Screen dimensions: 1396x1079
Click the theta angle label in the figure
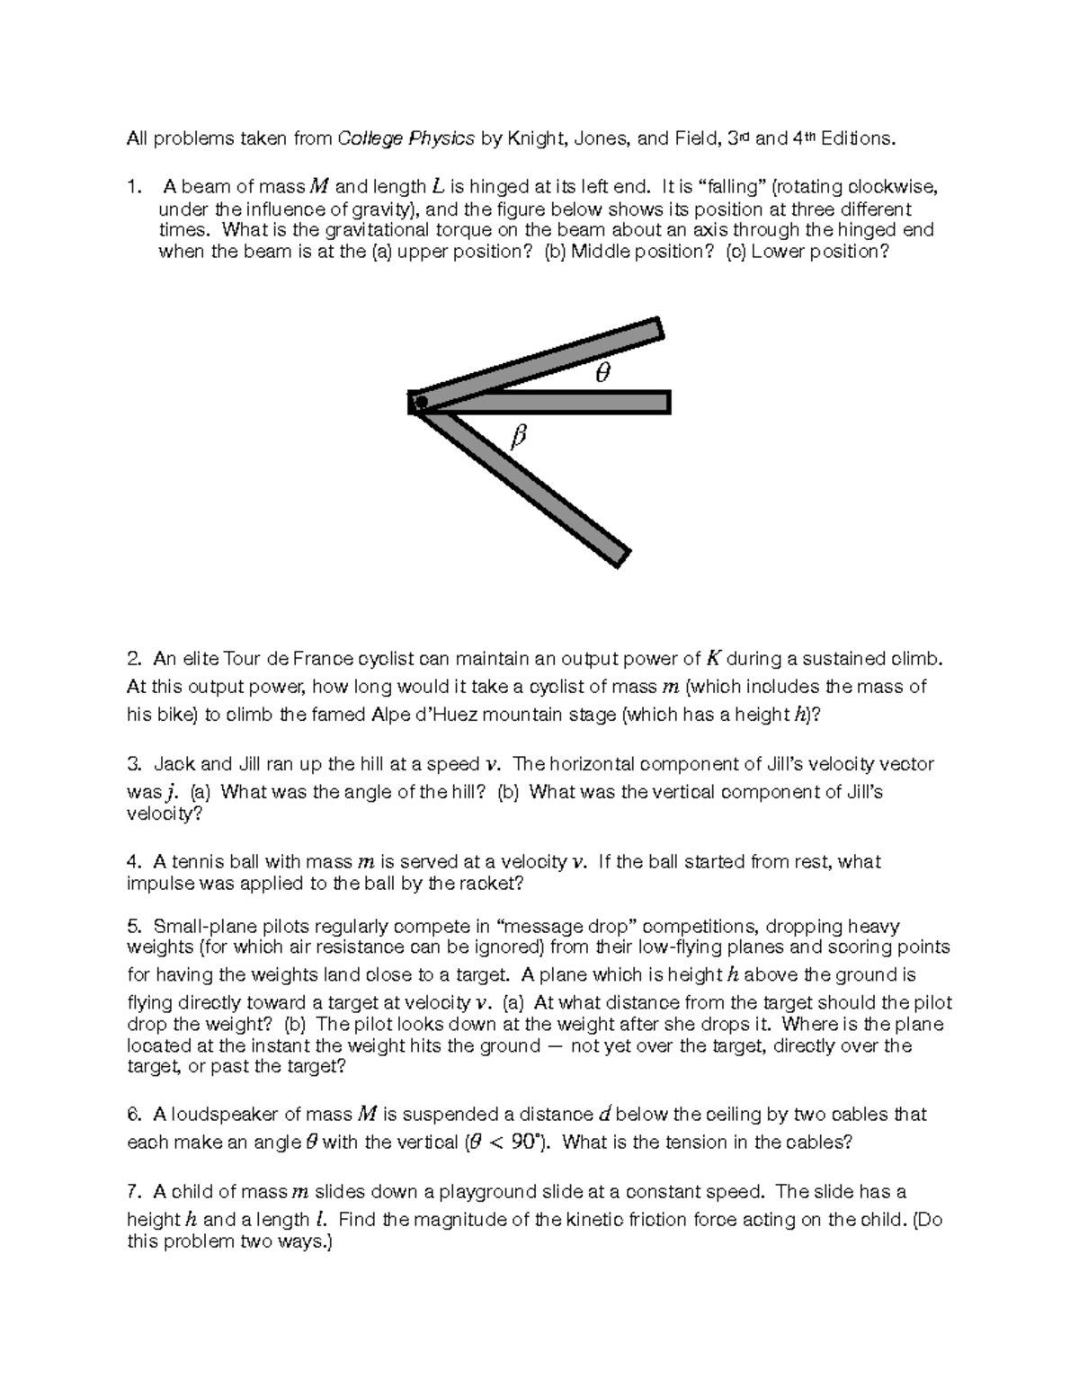tap(602, 373)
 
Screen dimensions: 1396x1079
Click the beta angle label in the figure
tap(517, 438)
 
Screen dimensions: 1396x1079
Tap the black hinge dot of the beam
tap(420, 402)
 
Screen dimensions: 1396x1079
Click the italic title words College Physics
tap(406, 138)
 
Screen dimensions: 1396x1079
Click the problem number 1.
tap(134, 188)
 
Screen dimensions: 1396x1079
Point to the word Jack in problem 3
tap(174, 764)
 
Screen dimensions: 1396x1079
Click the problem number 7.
tap(134, 1192)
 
